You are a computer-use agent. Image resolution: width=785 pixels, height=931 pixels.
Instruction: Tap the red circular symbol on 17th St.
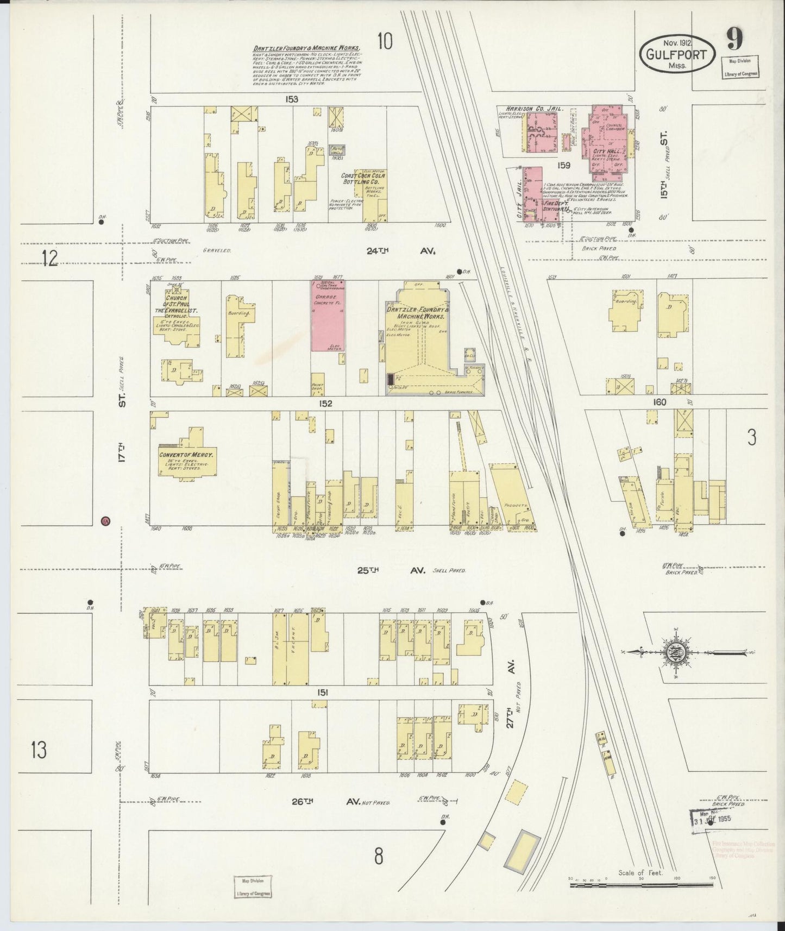pyautogui.click(x=106, y=521)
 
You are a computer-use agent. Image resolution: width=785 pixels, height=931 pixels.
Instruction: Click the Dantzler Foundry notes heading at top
pyautogui.click(x=306, y=47)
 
